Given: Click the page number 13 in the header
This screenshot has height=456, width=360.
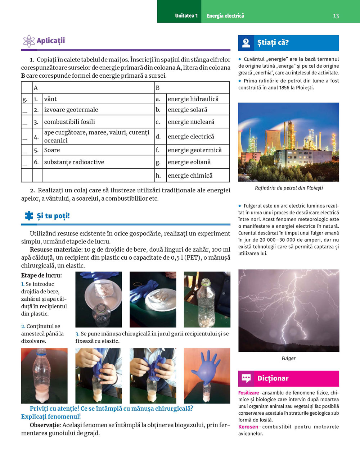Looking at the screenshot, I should point(336,16).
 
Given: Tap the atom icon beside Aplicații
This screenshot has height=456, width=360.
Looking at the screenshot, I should point(29,41).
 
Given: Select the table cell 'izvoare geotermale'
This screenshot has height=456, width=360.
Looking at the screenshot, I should point(71,110).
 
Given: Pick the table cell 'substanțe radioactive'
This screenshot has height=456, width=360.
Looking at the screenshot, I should point(74,162).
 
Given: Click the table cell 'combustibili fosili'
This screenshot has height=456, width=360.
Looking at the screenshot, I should point(69,122).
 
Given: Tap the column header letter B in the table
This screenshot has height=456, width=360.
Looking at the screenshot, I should point(157,88).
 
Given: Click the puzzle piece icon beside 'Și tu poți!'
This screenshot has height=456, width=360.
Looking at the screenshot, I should point(29,216).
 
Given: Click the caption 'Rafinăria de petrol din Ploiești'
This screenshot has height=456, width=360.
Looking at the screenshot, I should point(289,188).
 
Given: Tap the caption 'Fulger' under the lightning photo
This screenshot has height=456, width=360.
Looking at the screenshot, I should point(288,358).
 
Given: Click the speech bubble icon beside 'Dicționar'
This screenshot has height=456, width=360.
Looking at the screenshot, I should point(246,378).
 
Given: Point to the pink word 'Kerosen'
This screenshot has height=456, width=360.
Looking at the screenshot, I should point(248,427).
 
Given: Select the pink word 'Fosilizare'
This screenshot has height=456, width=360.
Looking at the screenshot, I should point(248,393).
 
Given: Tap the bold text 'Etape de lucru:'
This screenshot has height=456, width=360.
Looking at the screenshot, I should point(41,275).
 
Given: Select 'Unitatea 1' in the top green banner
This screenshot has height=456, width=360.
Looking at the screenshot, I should point(186,16).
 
